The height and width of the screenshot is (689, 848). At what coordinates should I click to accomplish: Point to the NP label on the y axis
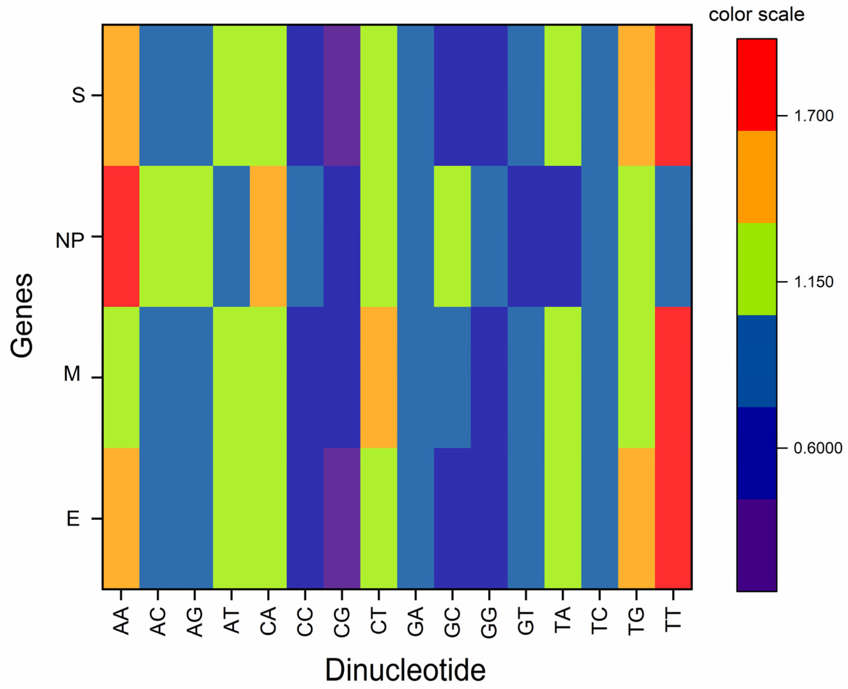click(70, 240)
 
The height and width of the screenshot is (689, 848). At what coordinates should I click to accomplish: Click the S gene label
click(78, 95)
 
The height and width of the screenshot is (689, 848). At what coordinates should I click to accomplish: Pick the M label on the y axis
click(72, 374)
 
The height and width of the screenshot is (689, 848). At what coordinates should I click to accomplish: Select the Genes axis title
click(22, 315)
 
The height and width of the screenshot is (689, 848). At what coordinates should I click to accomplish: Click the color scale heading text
click(756, 15)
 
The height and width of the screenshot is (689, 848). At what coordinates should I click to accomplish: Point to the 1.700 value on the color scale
click(814, 116)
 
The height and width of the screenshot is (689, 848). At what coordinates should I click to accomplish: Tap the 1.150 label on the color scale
click(814, 282)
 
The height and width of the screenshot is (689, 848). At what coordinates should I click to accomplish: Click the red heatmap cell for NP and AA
click(121, 236)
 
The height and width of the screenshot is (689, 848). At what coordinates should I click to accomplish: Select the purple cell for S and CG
click(342, 95)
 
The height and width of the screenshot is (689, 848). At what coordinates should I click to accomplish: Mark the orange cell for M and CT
click(379, 377)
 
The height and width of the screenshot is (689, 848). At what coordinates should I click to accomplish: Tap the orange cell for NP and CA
click(268, 236)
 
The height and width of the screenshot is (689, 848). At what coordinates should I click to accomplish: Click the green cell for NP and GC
click(452, 236)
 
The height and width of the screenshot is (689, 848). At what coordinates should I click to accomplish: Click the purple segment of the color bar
click(756, 545)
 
